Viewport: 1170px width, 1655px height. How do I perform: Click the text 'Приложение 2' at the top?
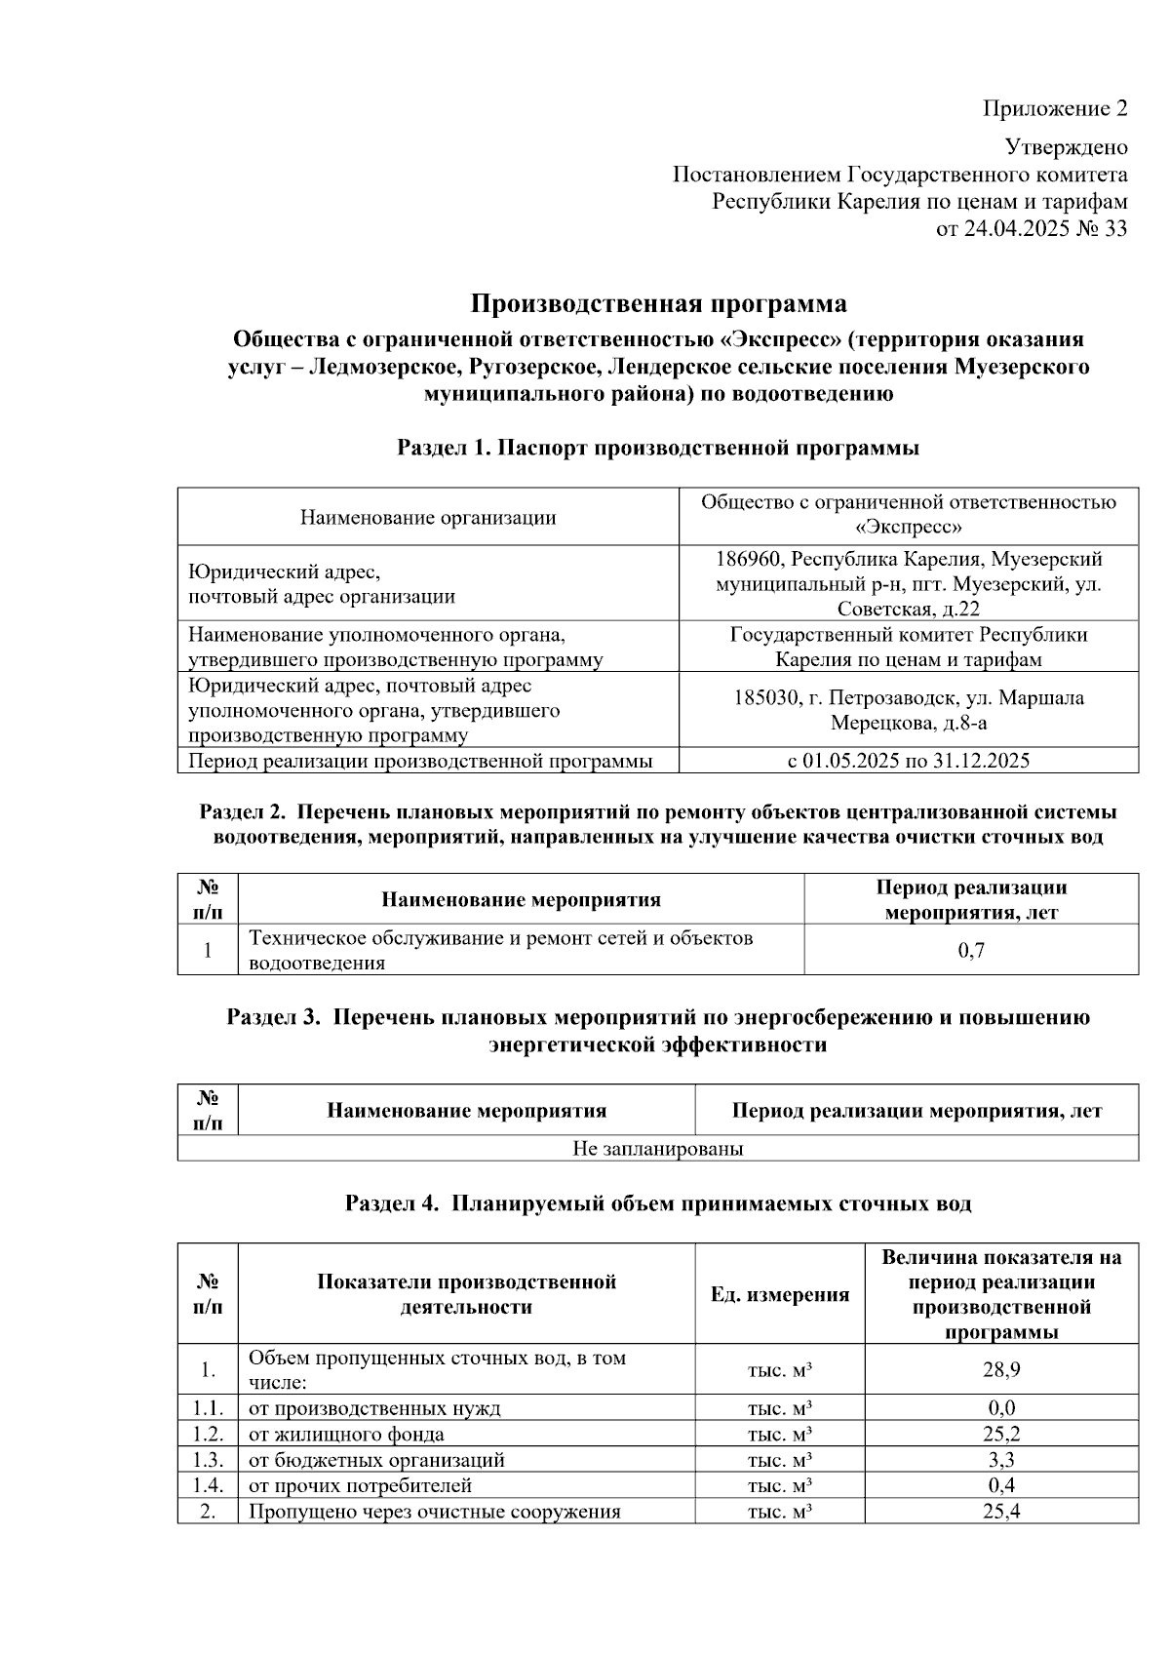tap(1054, 108)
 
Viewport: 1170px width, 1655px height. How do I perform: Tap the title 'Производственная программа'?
tap(658, 304)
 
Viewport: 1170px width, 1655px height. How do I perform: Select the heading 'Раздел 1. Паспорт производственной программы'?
tap(658, 448)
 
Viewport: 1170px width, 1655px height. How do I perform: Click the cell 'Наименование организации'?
tap(428, 517)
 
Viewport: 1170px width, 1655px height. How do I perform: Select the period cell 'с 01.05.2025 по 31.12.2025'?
tap(908, 761)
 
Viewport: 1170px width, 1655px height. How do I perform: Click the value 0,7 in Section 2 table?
tap(971, 950)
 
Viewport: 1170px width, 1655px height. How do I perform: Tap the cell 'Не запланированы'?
tap(658, 1148)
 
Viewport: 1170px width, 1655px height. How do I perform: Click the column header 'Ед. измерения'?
tap(779, 1294)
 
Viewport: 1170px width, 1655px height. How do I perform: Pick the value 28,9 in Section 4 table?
tap(1000, 1369)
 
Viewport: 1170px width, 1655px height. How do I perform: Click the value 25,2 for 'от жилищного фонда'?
tap(1000, 1434)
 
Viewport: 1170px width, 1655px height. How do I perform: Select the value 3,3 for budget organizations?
tap(1000, 1460)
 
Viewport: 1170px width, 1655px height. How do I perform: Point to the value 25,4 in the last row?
tap(1000, 1512)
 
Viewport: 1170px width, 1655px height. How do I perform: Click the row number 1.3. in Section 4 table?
tap(208, 1460)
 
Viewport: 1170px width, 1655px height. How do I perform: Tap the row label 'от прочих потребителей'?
tap(360, 1485)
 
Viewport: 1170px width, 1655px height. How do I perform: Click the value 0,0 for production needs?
tap(1000, 1407)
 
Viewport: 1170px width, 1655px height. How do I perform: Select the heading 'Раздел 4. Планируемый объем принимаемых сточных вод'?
tap(658, 1203)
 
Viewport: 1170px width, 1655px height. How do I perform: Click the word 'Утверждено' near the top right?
tap(1066, 147)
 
